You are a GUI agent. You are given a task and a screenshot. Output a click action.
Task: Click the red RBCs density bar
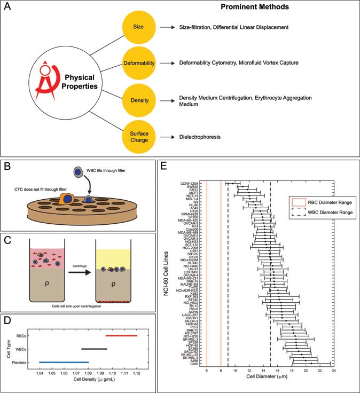pos(121,335)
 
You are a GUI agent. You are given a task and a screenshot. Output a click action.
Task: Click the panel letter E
pos(166,167)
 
